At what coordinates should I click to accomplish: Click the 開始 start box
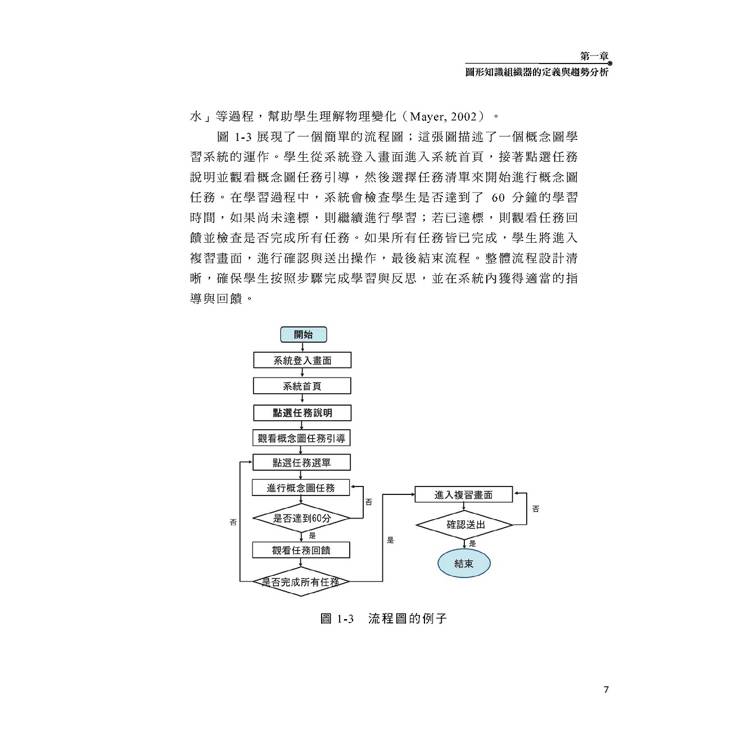(303, 334)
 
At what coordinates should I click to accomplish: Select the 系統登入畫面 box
(302, 360)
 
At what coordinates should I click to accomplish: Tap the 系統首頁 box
(302, 386)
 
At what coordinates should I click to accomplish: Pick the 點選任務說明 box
(302, 412)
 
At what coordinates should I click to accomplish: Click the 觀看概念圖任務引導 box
(301, 438)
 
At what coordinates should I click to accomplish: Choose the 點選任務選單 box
(301, 463)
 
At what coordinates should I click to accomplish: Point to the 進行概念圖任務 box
(301, 487)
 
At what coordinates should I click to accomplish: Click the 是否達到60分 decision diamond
(301, 518)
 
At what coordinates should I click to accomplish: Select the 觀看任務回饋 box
(301, 550)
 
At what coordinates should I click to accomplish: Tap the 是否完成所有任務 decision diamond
(301, 582)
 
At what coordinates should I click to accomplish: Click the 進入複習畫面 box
(463, 495)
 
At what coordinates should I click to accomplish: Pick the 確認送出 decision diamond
(465, 525)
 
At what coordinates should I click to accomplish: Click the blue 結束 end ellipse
(464, 563)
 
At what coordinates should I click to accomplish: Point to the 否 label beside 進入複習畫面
(536, 508)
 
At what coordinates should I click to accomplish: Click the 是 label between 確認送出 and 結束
(473, 543)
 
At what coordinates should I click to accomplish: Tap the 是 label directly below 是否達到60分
(312, 536)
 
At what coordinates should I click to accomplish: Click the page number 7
(606, 689)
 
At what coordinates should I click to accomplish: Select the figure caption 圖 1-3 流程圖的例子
(383, 618)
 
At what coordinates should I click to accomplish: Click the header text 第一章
(594, 56)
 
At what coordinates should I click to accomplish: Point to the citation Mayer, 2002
(443, 116)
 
